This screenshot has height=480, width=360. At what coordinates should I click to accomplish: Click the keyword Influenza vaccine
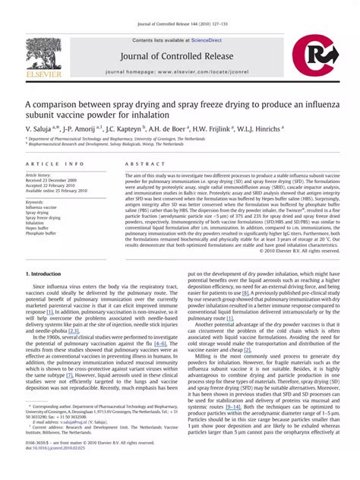(x=42, y=206)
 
